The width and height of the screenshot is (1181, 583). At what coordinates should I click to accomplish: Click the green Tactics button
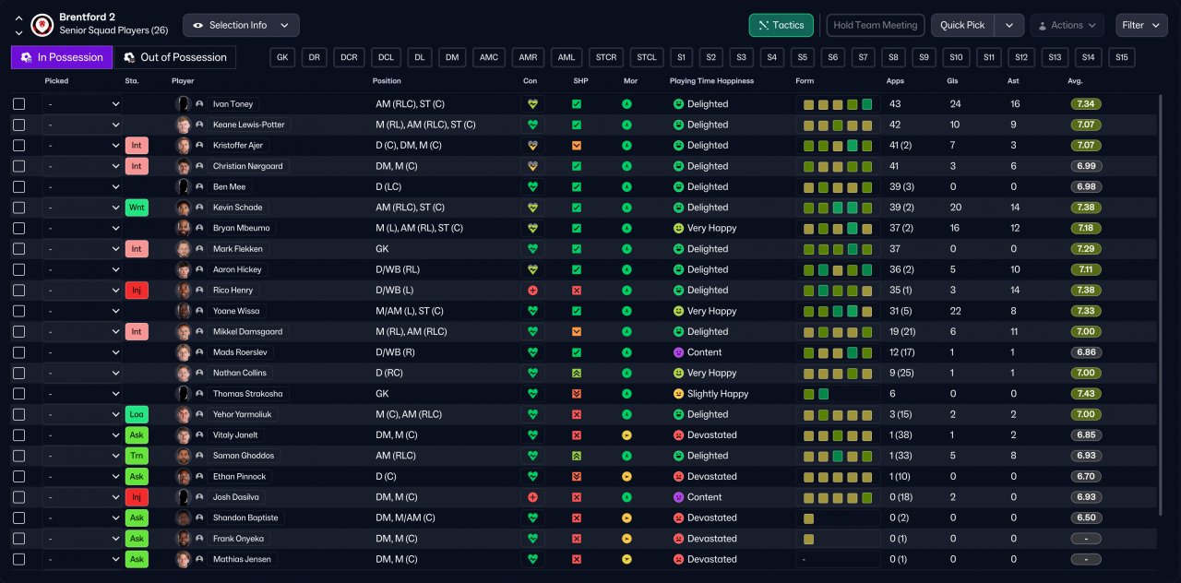781,25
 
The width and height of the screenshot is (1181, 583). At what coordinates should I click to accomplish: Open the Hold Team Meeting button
876,25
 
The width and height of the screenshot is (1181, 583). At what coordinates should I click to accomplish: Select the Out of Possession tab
175,57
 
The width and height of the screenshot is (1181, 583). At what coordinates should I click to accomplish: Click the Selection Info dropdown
241,25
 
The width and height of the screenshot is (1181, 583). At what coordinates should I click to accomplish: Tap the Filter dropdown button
1141,25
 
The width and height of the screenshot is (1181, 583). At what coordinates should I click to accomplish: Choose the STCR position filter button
606,57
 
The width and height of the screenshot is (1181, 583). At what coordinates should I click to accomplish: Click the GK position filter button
282,57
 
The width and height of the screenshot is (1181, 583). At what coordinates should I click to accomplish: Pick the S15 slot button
1121,57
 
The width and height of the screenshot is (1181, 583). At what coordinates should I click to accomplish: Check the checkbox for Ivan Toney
19,104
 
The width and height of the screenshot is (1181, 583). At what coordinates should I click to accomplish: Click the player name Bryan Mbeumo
241,228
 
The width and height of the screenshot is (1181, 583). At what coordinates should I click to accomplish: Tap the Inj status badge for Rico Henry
137,291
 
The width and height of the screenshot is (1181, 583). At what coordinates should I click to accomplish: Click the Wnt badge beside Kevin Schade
137,208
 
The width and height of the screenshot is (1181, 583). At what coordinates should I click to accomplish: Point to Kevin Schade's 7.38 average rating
1086,208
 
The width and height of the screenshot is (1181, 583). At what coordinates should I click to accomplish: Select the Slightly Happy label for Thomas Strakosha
718,394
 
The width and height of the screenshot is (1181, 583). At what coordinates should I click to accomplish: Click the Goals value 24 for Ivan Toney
955,104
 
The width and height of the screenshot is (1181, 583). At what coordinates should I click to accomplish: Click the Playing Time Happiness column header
711,81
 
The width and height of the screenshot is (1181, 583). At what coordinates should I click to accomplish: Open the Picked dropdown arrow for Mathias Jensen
115,559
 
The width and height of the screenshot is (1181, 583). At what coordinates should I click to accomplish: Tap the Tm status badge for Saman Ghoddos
137,456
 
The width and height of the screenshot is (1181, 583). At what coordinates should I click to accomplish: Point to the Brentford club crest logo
42,25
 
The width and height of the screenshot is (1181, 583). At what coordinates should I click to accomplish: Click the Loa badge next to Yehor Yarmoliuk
137,414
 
